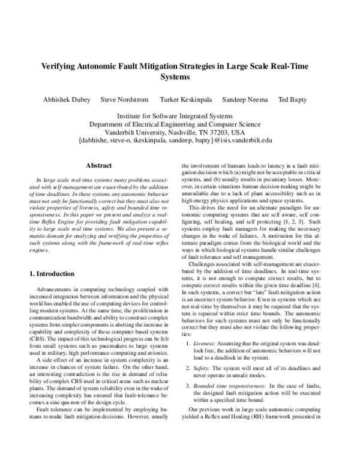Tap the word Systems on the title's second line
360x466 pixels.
180,77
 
